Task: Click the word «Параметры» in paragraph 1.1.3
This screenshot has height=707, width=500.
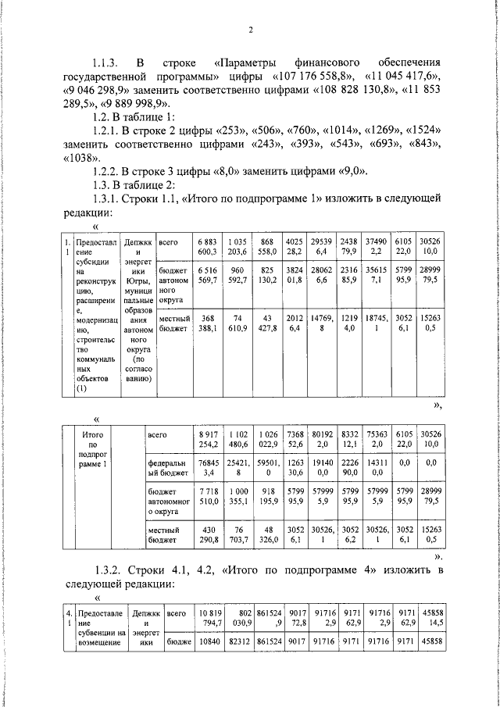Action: coord(258,62)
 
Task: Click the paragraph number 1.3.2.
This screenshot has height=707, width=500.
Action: coord(109,571)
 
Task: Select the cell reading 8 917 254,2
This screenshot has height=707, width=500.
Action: coord(208,439)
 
